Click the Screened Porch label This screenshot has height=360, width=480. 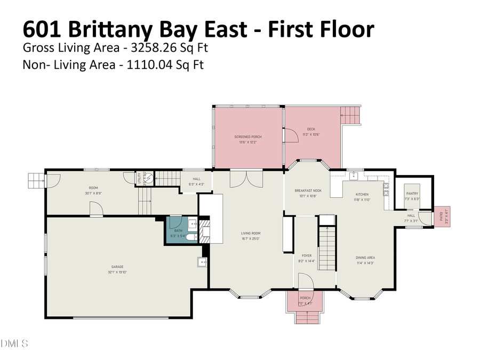point(248,137)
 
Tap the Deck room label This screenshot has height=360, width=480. point(311,129)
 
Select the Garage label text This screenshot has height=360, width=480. point(117,267)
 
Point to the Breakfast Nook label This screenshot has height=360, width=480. point(308,190)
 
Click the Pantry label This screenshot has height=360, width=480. point(412,194)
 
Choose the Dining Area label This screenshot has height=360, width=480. point(365,258)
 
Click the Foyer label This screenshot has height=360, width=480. point(307,256)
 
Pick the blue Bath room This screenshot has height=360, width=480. point(178,233)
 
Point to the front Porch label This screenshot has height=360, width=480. point(305,298)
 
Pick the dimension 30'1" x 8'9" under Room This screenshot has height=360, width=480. point(93,193)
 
